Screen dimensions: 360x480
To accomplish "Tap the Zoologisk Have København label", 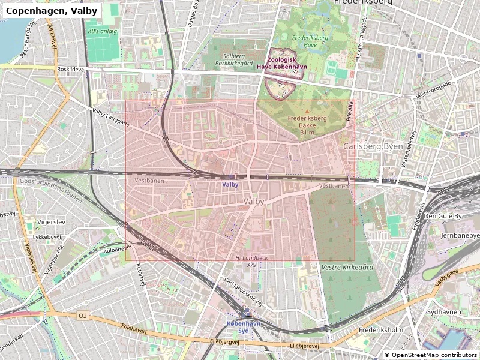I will tap(282, 63).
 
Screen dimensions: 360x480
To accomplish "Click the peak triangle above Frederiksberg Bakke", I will tap(307, 112).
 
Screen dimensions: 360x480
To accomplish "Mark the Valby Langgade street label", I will tap(111, 117).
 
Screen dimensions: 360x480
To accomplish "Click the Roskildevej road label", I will tap(72, 69).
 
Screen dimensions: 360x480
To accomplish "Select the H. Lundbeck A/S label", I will tap(245, 261).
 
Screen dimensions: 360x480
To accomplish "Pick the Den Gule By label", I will tap(443, 215).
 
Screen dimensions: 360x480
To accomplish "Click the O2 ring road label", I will tap(82, 315).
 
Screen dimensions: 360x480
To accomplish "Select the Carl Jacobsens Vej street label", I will tap(243, 292).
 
